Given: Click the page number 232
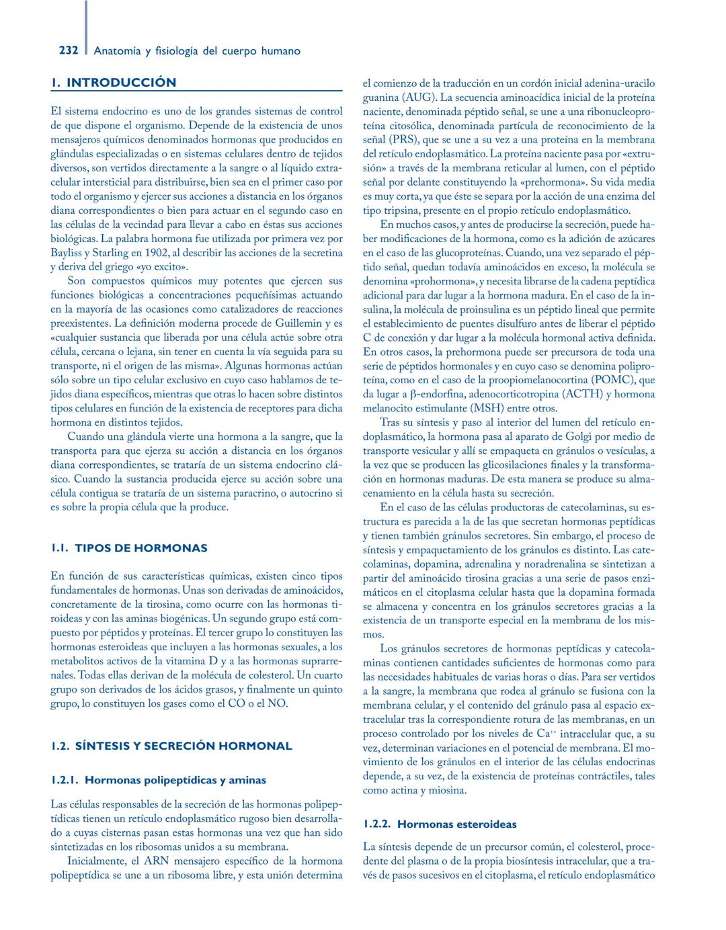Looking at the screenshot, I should pos(69,50).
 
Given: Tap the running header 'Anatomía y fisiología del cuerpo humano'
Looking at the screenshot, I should pos(197,51).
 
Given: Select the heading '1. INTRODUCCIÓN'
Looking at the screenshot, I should pos(114,83).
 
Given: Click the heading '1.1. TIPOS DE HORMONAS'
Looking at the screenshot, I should pos(129,548).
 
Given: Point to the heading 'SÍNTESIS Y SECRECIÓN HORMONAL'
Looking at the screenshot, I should pos(184,746).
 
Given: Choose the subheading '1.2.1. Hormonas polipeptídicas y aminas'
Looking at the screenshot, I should pos(159,780).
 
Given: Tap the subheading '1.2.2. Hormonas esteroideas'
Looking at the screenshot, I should pos(440,824).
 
